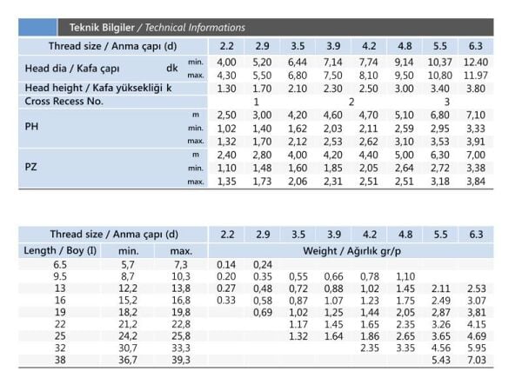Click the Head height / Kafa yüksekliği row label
[x=98, y=89]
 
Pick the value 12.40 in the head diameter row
[x=476, y=63]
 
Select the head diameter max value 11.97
[x=476, y=76]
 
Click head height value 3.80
[x=476, y=89]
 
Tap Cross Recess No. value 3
[x=447, y=102]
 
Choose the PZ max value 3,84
[x=476, y=181]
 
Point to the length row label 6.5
[x=59, y=263]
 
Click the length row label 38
[x=59, y=360]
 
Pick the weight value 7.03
[x=476, y=360]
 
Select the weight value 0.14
[x=227, y=263]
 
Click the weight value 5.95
[x=476, y=348]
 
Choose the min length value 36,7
[x=128, y=360]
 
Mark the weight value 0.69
[x=263, y=311]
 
